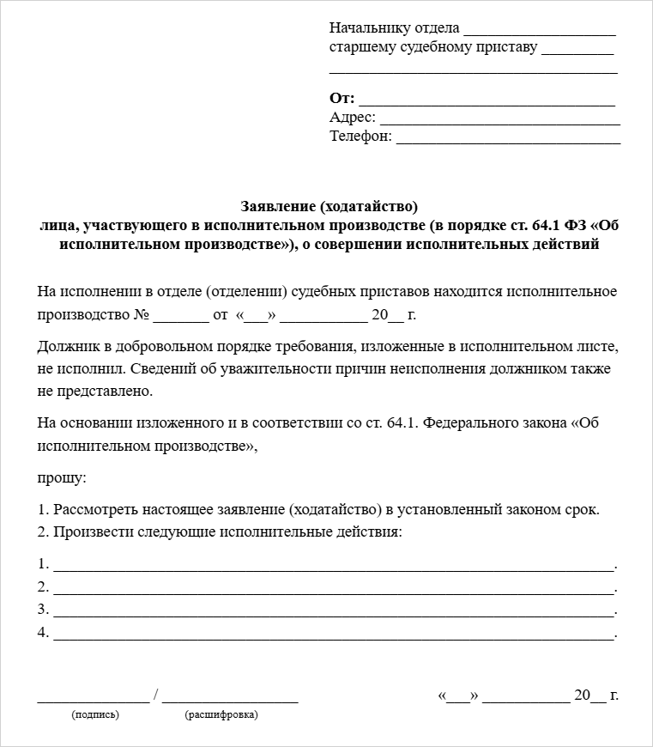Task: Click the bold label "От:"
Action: [342, 98]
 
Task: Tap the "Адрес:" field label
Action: [352, 117]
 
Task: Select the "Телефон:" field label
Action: [360, 136]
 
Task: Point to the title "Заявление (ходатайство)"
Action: [329, 207]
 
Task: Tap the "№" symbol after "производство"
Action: [142, 314]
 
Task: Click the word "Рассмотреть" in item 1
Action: [95, 509]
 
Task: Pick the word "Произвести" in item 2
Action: [90, 532]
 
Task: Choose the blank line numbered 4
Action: [334, 636]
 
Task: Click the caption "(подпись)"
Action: [95, 714]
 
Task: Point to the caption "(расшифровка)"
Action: [221, 714]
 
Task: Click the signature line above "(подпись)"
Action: [93, 700]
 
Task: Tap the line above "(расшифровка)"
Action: [229, 700]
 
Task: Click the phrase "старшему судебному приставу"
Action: [433, 47]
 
